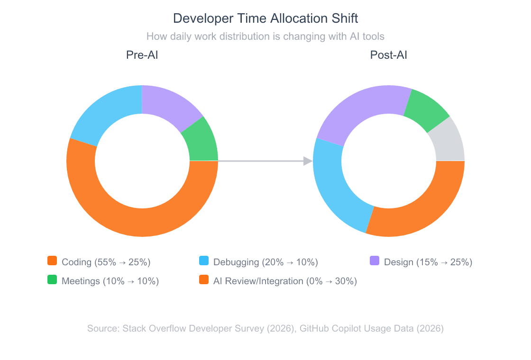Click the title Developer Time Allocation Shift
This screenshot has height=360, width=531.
[265, 18]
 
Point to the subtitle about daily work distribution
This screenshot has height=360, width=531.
[265, 36]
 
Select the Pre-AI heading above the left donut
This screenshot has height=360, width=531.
[142, 55]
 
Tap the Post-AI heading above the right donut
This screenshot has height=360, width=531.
[388, 55]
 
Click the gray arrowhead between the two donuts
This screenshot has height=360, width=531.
[308, 161]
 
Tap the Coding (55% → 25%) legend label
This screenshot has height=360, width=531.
[106, 262]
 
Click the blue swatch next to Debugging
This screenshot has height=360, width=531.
[204, 261]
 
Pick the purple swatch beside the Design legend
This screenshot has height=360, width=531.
[375, 261]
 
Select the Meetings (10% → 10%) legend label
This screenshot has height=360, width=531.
[110, 281]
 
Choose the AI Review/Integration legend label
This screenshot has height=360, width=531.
[285, 281]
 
